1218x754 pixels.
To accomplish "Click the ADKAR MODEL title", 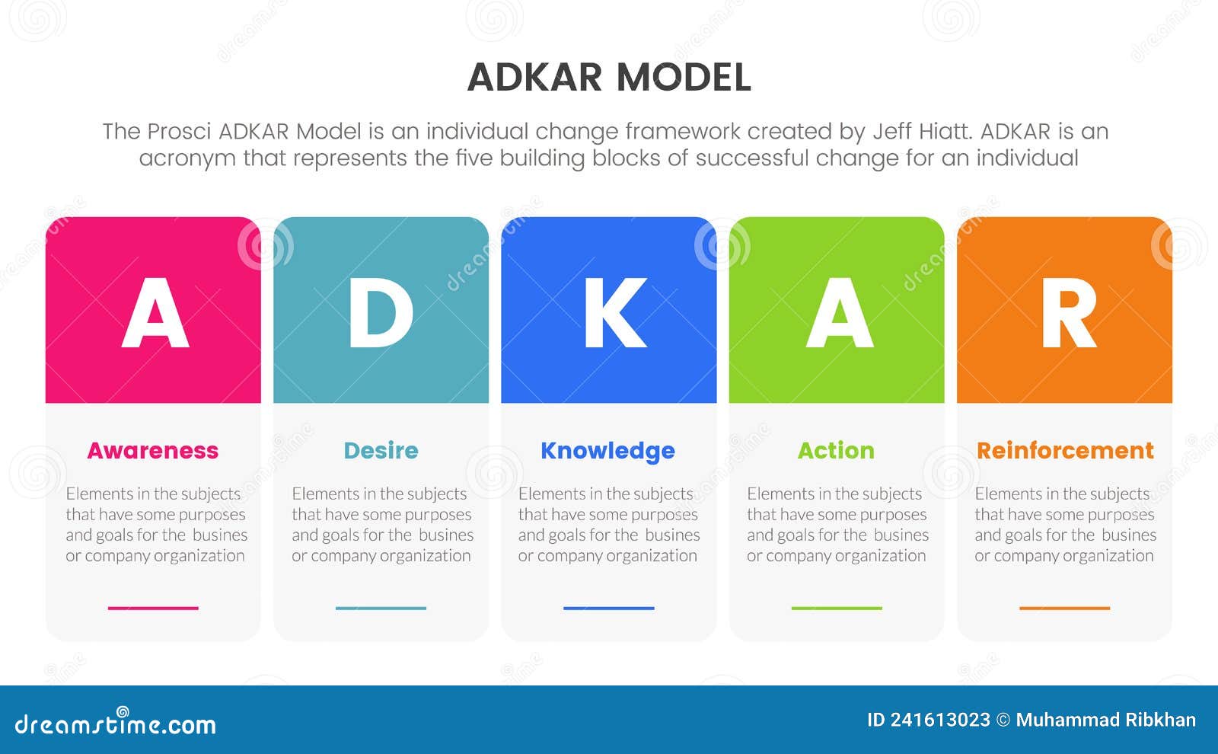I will click(609, 77).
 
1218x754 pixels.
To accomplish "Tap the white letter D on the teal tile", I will click(381, 312).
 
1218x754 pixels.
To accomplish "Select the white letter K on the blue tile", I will click(614, 312).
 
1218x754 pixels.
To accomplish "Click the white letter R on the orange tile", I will click(1068, 312).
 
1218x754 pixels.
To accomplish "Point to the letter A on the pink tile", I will click(155, 312).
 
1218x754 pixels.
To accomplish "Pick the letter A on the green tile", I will click(839, 312).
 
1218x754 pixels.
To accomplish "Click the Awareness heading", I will click(153, 450).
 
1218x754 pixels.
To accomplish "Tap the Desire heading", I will click(381, 450).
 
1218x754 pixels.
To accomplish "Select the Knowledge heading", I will click(607, 451).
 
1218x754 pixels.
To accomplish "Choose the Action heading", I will click(836, 450).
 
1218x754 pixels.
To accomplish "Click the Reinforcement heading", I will click(1065, 450).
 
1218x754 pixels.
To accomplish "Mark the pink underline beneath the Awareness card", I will click(153, 608).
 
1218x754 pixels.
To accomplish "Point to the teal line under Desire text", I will click(381, 608).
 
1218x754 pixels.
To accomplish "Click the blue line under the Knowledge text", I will click(609, 608).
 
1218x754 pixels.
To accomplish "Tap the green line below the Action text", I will click(837, 608).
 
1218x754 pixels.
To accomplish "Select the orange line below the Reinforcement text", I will click(1064, 608).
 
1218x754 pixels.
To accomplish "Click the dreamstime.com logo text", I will click(116, 724).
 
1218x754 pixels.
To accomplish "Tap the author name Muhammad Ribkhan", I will click(1105, 720).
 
